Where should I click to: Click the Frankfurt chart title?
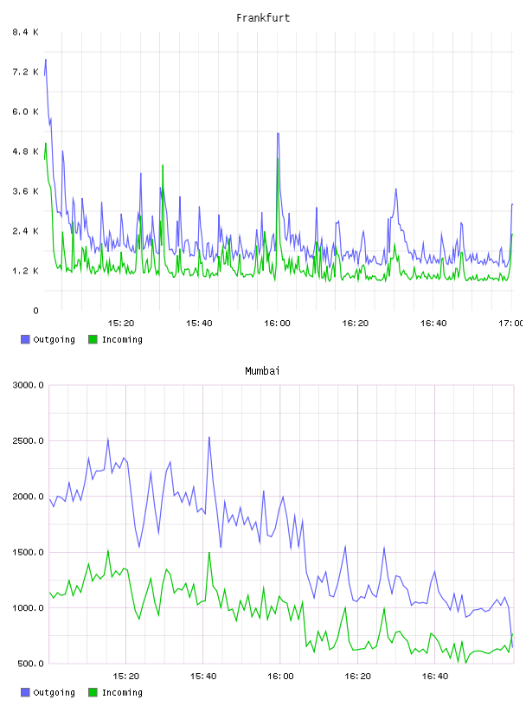click(x=263, y=17)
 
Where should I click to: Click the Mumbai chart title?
click(x=262, y=370)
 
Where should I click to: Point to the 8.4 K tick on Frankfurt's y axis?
click(x=26, y=32)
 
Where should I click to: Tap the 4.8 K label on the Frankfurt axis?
click(x=26, y=151)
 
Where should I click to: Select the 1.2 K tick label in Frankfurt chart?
click(x=26, y=271)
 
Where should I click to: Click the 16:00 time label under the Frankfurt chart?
click(x=277, y=323)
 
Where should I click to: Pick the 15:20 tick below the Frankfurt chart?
click(x=121, y=323)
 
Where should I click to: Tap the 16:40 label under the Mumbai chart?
click(x=435, y=676)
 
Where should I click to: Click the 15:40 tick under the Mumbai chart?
click(x=203, y=676)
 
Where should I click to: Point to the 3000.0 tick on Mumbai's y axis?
click(x=29, y=385)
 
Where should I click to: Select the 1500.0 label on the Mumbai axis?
click(x=29, y=552)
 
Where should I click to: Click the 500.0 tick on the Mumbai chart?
click(x=30, y=664)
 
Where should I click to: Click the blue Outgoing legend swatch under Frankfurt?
click(x=25, y=339)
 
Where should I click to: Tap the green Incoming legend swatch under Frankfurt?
click(x=93, y=339)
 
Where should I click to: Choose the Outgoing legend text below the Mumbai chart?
click(x=54, y=692)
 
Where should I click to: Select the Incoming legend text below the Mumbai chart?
click(x=122, y=692)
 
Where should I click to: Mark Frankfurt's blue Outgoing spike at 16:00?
click(x=278, y=134)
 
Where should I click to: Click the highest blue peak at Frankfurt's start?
click(x=46, y=60)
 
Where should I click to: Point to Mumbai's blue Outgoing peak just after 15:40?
click(x=209, y=437)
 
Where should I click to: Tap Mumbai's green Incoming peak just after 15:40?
click(x=209, y=553)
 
